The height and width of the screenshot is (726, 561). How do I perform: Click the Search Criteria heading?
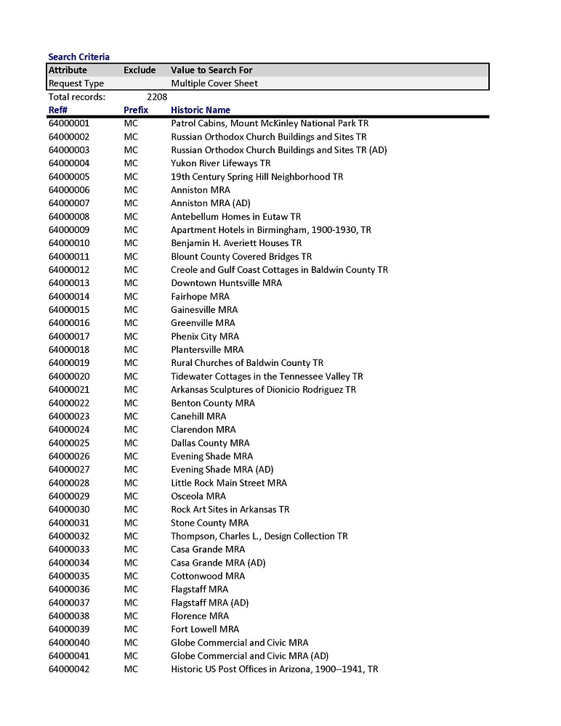click(x=79, y=57)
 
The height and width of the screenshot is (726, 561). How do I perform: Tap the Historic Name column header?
click(x=201, y=110)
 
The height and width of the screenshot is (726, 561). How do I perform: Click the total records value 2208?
click(x=157, y=97)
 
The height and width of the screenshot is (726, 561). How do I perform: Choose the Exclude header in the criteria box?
click(x=140, y=70)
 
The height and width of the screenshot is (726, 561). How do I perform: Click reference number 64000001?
click(x=69, y=123)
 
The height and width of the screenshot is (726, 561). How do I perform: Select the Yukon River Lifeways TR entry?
click(x=220, y=163)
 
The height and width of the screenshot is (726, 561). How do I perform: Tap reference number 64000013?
click(x=69, y=283)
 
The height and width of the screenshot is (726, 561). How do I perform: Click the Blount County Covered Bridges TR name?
click(x=241, y=256)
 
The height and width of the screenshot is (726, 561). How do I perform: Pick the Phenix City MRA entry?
click(x=205, y=336)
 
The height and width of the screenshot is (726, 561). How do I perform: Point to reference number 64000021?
click(x=69, y=390)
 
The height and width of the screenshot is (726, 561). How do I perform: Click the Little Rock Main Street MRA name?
click(x=229, y=483)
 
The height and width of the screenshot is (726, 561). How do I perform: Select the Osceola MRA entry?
click(x=198, y=496)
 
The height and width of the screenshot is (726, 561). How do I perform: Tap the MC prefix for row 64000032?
click(x=131, y=536)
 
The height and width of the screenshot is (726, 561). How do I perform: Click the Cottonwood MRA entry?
click(x=208, y=576)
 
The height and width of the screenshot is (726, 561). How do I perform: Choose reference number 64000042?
click(x=69, y=669)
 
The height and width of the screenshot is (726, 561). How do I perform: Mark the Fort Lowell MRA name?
click(x=205, y=629)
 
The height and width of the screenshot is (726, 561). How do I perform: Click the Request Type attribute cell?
click(x=76, y=83)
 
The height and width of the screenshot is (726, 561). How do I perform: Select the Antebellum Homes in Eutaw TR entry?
click(x=235, y=216)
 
